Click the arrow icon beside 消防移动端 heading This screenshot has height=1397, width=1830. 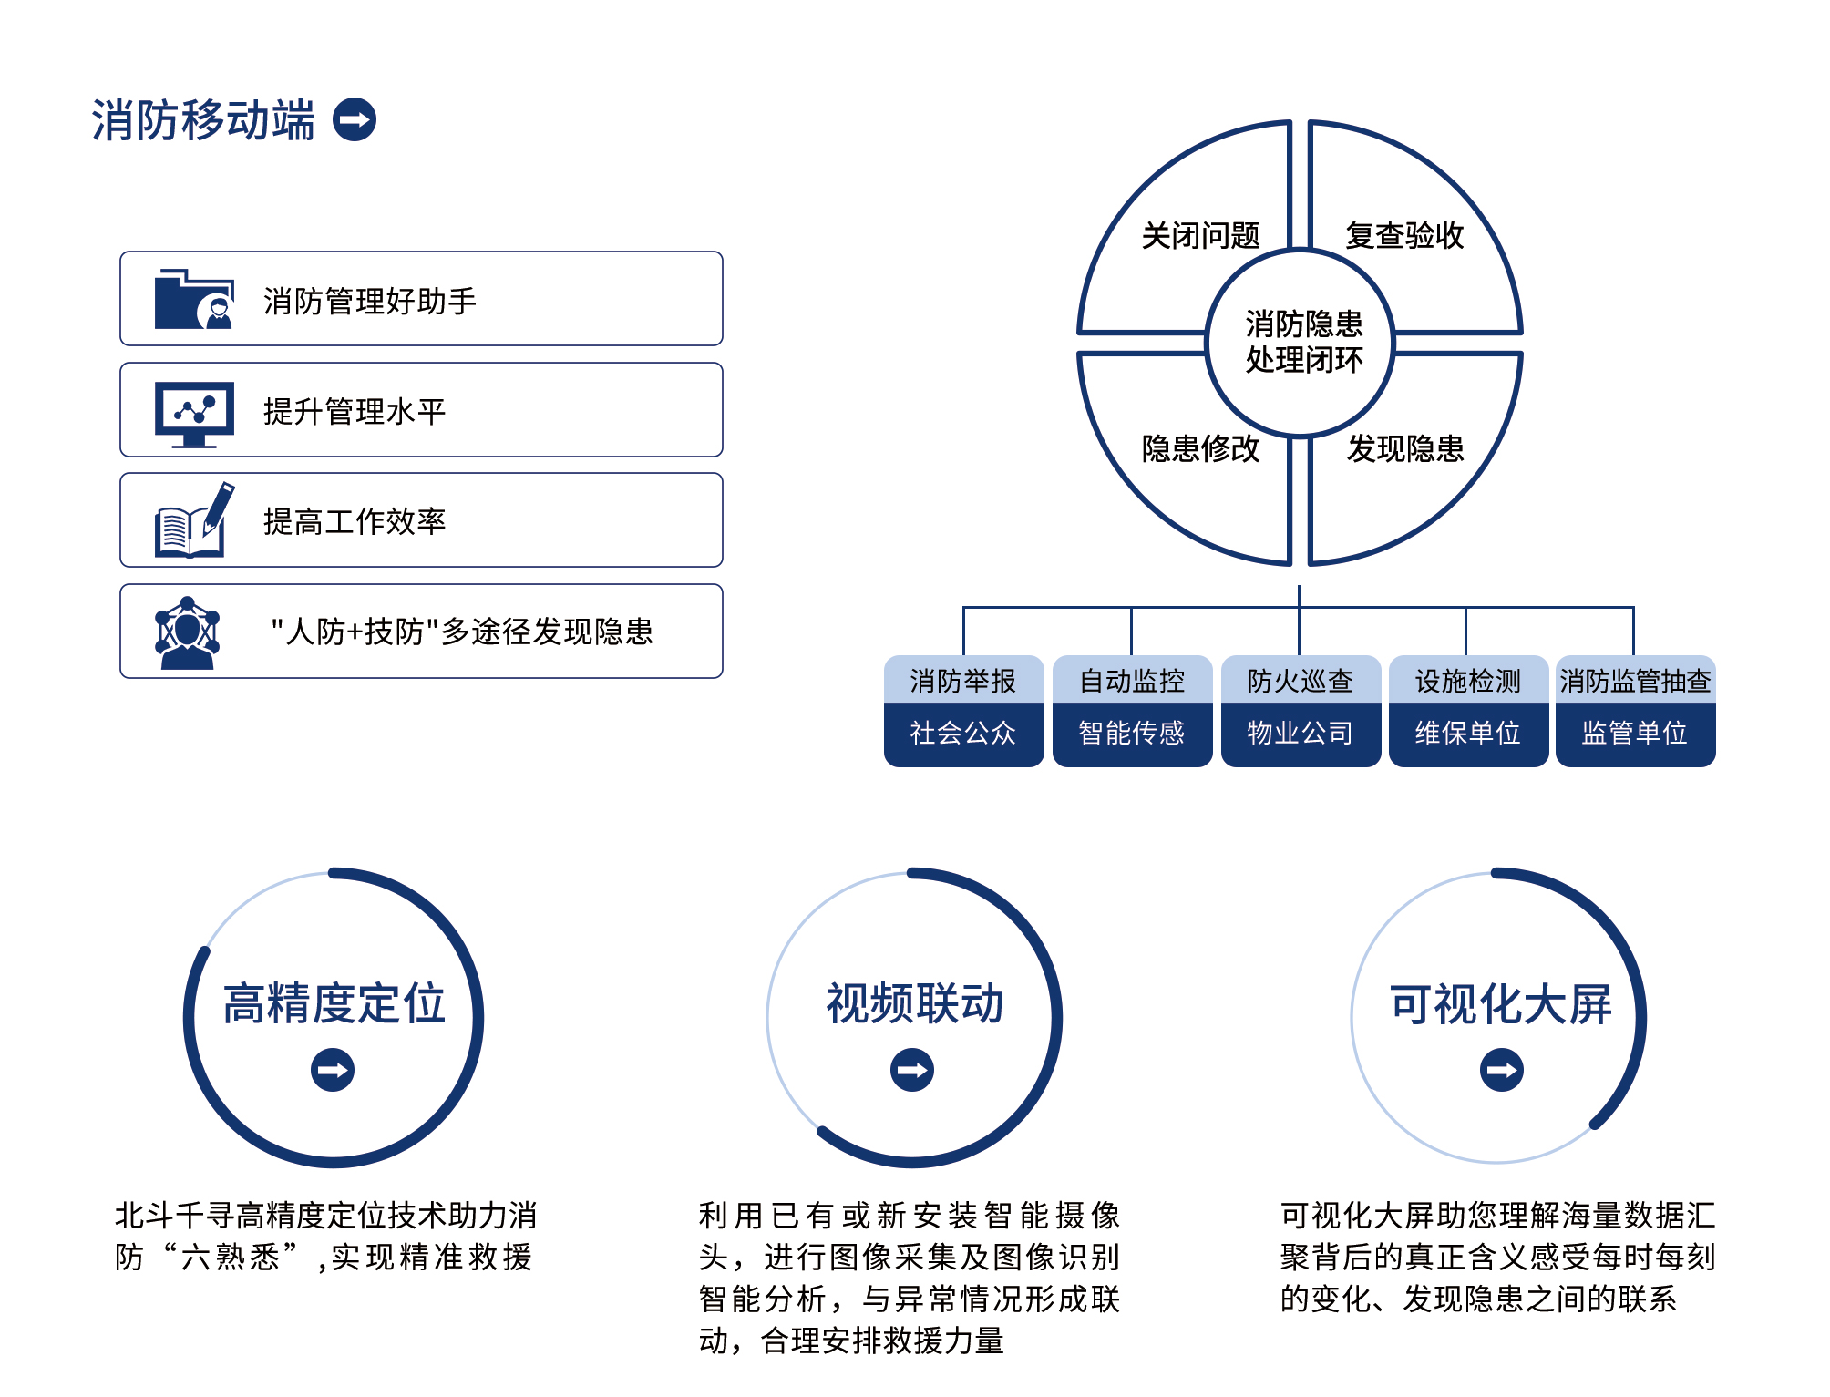click(x=355, y=119)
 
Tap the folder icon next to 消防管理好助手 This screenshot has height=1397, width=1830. click(x=194, y=299)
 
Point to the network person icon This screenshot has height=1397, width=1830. click(x=188, y=632)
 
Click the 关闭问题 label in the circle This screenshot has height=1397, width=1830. click(x=1200, y=236)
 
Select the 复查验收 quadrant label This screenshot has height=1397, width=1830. click(x=1404, y=236)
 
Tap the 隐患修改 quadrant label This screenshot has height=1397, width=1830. click(x=1200, y=448)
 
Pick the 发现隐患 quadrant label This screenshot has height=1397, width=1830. click(x=1404, y=448)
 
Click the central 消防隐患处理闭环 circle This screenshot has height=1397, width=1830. click(x=1303, y=343)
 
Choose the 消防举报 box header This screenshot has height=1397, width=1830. click(x=963, y=680)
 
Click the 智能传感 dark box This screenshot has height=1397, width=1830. click(x=1132, y=733)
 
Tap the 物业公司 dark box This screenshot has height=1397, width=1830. click(x=1301, y=733)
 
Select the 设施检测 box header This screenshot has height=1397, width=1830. click(x=1468, y=680)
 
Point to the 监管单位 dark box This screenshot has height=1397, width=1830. click(x=1635, y=733)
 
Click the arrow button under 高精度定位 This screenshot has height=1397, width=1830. click(x=333, y=1070)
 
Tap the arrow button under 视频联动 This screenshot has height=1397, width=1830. click(x=912, y=1070)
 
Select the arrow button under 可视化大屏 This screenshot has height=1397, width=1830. click(x=1502, y=1070)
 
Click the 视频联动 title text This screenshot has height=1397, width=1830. click(x=914, y=1004)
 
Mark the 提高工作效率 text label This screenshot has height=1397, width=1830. click(x=355, y=521)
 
